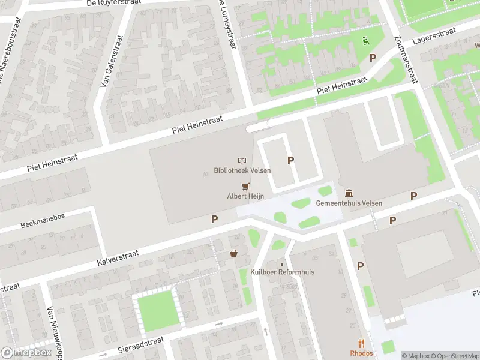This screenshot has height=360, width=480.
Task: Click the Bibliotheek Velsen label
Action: [x=242, y=170]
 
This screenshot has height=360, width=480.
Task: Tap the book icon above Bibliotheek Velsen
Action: [x=242, y=161]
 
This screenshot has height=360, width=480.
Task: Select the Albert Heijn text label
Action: [x=245, y=196]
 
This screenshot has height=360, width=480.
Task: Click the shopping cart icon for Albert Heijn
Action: [x=245, y=186]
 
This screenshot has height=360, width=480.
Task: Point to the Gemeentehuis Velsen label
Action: [x=349, y=203]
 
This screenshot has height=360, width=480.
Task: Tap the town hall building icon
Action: [x=349, y=193]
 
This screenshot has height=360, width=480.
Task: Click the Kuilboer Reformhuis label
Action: [x=283, y=272]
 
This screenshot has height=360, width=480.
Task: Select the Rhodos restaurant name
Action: [x=362, y=353]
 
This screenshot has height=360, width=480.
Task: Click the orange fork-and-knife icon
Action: [x=362, y=344]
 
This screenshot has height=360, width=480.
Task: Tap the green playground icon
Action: [x=365, y=41]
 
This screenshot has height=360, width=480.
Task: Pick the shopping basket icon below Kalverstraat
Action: [x=233, y=254]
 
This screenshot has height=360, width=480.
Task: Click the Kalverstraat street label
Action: [x=118, y=259]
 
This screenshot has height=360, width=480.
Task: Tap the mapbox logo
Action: [x=26, y=352]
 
